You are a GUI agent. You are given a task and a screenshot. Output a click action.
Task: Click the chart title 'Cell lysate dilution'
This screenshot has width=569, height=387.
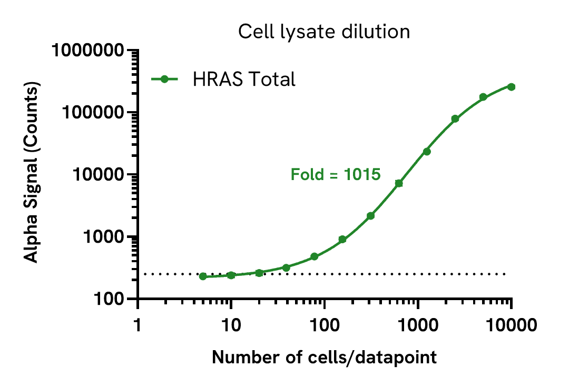(x=323, y=32)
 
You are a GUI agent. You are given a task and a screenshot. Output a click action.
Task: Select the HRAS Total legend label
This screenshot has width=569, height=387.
(x=243, y=80)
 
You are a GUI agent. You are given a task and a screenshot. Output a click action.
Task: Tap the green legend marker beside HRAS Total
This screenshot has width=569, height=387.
(x=164, y=80)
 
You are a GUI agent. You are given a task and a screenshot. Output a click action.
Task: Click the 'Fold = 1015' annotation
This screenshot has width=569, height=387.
(x=336, y=174)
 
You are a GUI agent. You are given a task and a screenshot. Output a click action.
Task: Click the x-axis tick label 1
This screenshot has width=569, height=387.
(x=138, y=324)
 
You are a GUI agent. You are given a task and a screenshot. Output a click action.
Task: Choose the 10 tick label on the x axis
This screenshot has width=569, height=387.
(x=231, y=324)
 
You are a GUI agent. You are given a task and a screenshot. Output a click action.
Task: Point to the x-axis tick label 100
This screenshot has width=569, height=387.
(x=324, y=324)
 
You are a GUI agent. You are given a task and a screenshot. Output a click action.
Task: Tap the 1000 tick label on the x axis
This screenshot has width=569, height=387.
(x=417, y=324)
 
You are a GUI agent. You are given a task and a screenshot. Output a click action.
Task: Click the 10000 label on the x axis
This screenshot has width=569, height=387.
(x=511, y=324)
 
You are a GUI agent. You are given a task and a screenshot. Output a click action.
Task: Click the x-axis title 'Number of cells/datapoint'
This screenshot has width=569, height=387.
(x=324, y=358)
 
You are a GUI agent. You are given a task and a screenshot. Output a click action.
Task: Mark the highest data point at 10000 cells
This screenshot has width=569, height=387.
(x=511, y=87)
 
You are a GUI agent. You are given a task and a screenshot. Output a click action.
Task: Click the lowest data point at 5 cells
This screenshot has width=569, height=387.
(x=203, y=276)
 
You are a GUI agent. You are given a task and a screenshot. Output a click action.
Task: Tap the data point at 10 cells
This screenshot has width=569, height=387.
(x=231, y=275)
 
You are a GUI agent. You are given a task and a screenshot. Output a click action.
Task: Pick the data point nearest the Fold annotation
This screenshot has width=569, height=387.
(x=399, y=183)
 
